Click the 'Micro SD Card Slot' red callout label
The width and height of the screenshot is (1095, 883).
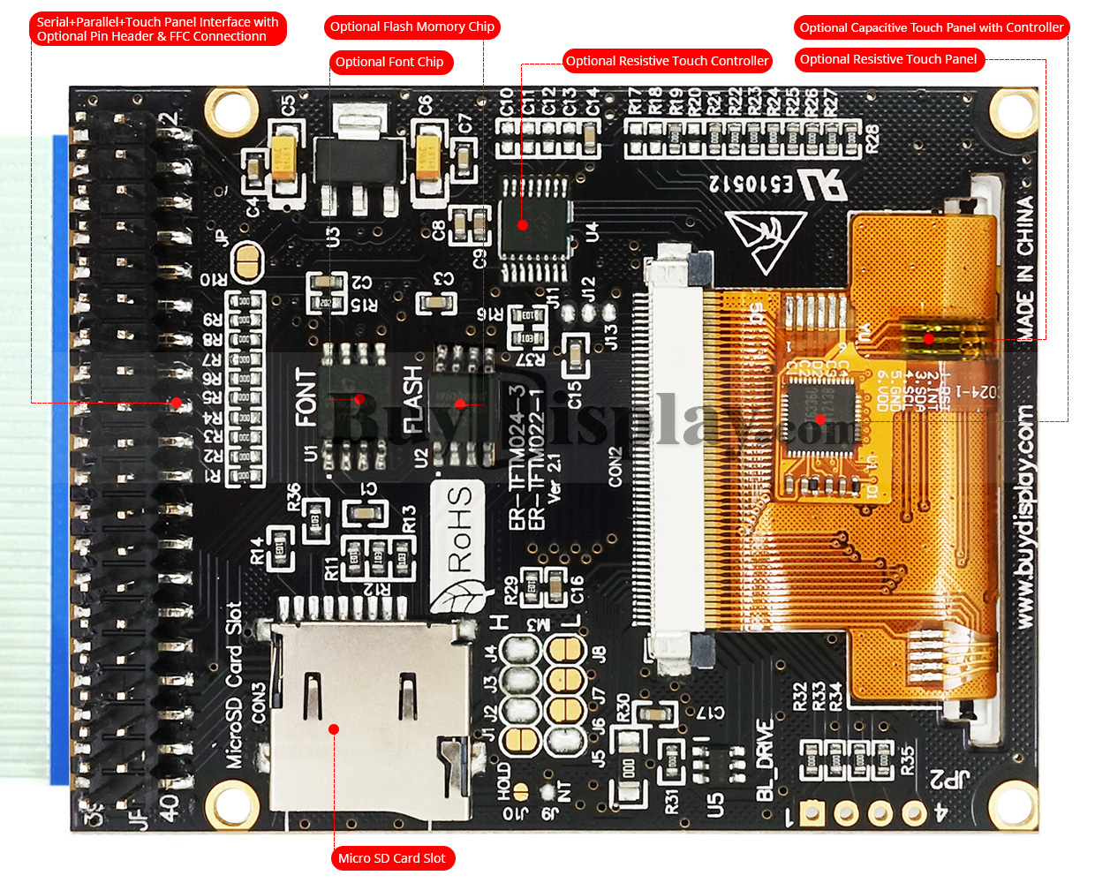(x=392, y=858)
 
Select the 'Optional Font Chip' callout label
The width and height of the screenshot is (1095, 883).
(x=389, y=62)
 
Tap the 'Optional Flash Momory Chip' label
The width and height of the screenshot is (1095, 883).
(x=412, y=26)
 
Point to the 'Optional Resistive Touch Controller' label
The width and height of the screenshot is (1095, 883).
(x=667, y=61)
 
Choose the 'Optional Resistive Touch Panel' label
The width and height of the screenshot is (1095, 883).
(x=888, y=59)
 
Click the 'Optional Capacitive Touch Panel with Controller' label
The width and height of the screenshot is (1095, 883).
(x=932, y=27)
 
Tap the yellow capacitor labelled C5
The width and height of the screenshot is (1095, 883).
(x=284, y=156)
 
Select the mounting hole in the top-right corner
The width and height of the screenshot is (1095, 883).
(x=1013, y=110)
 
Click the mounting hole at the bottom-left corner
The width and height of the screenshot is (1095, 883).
(x=233, y=805)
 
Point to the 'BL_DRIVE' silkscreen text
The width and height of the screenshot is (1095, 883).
(x=765, y=760)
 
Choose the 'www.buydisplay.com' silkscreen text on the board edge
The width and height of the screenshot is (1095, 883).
(x=1024, y=517)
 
